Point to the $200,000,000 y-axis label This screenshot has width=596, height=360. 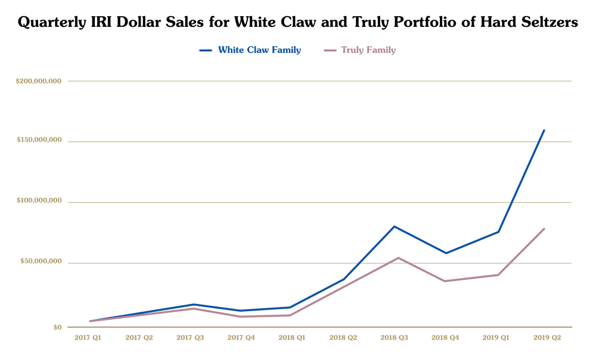39,81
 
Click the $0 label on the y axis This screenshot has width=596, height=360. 57,327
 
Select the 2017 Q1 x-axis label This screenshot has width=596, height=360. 88,338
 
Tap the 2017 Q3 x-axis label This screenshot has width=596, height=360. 190,338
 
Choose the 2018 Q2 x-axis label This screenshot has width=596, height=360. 343,338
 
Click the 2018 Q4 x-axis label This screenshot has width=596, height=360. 446,338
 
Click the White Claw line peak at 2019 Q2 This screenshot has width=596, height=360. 544,131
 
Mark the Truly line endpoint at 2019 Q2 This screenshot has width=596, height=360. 544,229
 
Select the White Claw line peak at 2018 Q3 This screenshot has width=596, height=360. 395,226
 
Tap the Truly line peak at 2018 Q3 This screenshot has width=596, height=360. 398,258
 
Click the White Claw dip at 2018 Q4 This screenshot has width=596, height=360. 446,253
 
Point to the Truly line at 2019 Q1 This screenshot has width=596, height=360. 498,275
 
